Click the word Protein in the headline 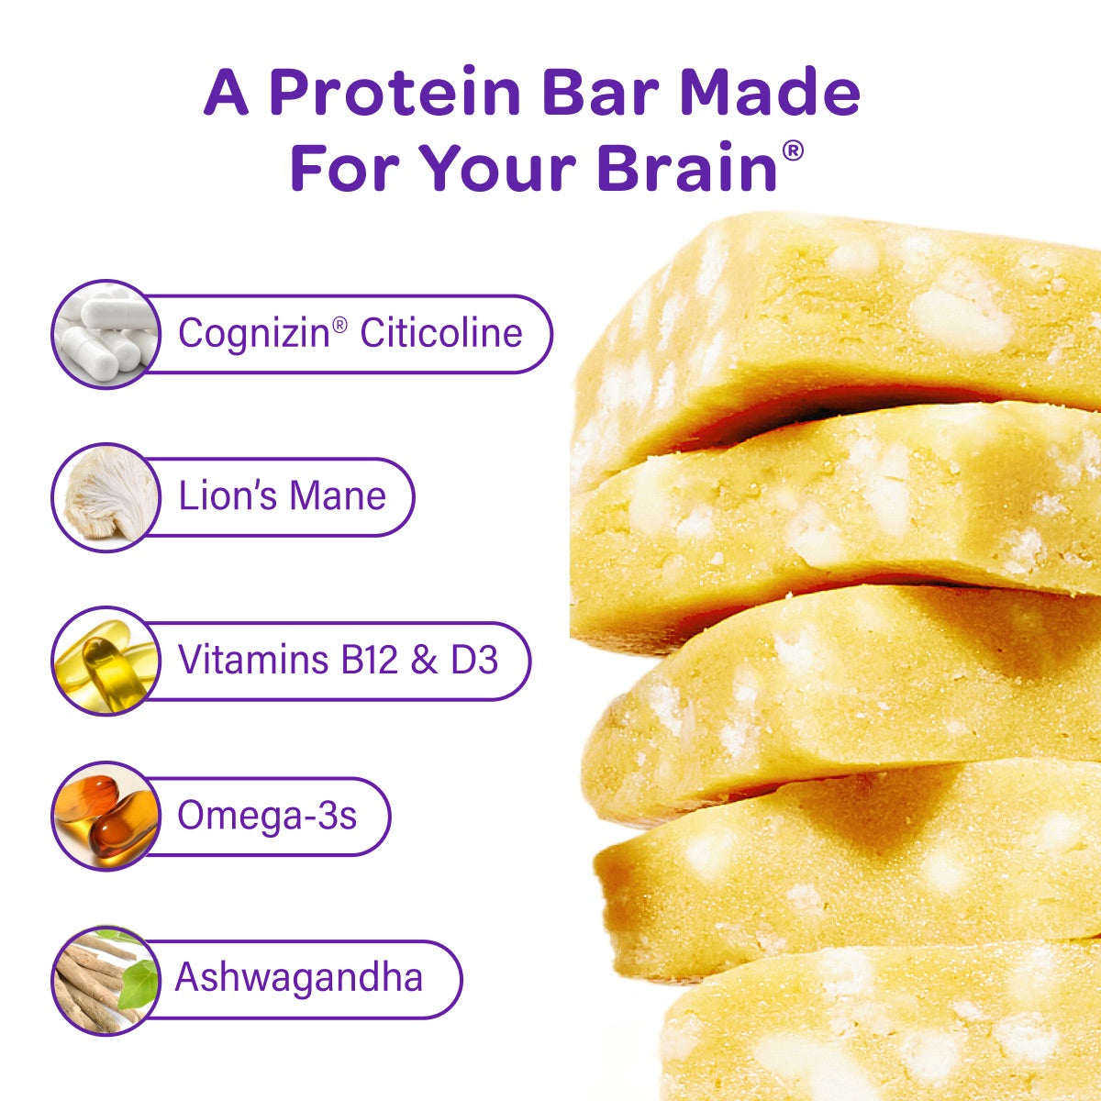pyautogui.click(x=395, y=92)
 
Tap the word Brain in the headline pyautogui.click(x=687, y=166)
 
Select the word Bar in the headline pyautogui.click(x=600, y=92)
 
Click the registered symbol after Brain pyautogui.click(x=793, y=150)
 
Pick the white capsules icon pyautogui.click(x=106, y=334)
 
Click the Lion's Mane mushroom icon pyautogui.click(x=106, y=497)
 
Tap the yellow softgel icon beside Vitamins pyautogui.click(x=106, y=661)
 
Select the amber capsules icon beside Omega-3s pyautogui.click(x=106, y=816)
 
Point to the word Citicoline pyautogui.click(x=441, y=332)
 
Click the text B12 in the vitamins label pyautogui.click(x=369, y=660)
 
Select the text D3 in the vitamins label pyautogui.click(x=474, y=660)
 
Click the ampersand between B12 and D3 pyautogui.click(x=424, y=660)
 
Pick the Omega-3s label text pyautogui.click(x=267, y=815)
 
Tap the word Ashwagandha pyautogui.click(x=299, y=977)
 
